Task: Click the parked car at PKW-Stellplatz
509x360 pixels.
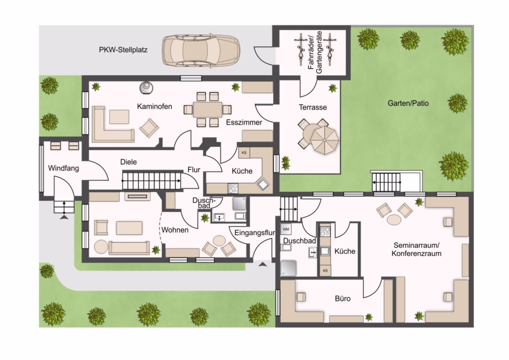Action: [x=201, y=51]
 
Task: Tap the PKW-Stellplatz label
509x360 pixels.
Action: [x=123, y=50]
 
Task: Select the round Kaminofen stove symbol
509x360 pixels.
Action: [x=146, y=87]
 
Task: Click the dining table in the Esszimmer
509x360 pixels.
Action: [x=208, y=109]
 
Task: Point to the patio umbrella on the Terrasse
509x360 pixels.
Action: [x=324, y=139]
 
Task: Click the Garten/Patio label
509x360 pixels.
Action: [x=408, y=104]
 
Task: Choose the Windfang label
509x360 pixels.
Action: [x=63, y=168]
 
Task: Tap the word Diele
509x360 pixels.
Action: [x=128, y=162]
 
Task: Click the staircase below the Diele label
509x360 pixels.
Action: [x=152, y=181]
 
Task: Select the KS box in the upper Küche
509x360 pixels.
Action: [x=244, y=153]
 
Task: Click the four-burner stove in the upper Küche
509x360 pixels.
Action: [x=233, y=188]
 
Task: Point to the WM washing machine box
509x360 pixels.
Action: [x=286, y=229]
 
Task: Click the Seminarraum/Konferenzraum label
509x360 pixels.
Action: [x=416, y=249]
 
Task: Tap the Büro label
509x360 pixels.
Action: [x=343, y=299]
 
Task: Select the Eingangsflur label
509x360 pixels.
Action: [x=255, y=233]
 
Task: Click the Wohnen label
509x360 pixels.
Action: [x=175, y=230]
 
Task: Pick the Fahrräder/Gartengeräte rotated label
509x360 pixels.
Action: [x=315, y=52]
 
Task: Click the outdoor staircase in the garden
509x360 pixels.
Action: [x=386, y=182]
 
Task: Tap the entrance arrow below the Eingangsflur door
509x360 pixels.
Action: [x=262, y=264]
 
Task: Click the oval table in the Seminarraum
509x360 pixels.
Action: [x=394, y=220]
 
